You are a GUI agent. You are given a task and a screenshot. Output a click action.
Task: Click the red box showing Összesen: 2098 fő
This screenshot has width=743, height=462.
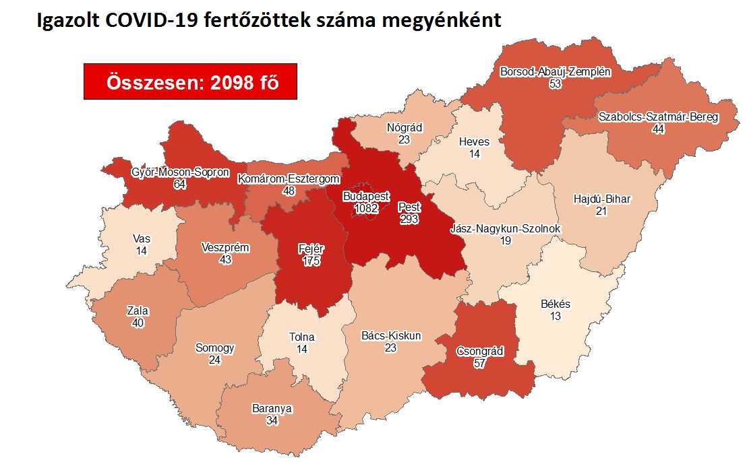point(190,82)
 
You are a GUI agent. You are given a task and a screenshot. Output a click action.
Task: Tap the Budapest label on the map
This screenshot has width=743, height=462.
point(366,196)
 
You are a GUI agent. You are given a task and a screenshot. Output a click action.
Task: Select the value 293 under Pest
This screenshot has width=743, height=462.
point(409,219)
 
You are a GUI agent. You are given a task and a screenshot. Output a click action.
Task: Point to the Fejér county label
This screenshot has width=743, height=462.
point(311,249)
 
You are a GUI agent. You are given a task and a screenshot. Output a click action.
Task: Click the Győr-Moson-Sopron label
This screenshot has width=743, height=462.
point(180,172)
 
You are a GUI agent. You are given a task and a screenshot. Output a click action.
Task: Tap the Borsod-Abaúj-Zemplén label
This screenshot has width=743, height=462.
point(555,71)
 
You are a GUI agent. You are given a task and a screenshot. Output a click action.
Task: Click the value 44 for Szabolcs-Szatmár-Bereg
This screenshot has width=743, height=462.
point(659,129)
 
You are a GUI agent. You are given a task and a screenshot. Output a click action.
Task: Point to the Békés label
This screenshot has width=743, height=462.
point(556,304)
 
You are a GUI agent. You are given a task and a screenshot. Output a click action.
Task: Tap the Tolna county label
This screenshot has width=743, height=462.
point(301,337)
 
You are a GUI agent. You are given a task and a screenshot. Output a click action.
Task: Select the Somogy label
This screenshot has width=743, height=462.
point(215,348)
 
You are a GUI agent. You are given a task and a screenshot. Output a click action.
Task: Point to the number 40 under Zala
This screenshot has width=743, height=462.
point(138,323)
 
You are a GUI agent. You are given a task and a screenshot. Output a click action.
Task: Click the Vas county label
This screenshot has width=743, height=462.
point(142,238)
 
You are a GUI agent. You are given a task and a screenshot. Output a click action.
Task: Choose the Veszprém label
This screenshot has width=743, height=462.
point(225,248)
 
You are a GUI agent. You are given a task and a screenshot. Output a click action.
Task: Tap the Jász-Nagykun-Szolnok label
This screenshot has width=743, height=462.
point(505,229)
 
